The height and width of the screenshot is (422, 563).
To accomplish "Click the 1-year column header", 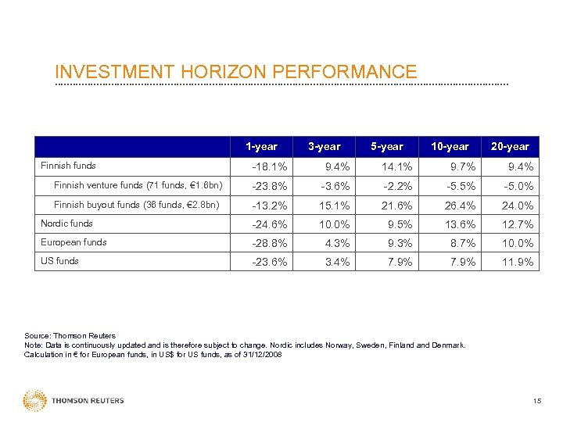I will click(x=261, y=147).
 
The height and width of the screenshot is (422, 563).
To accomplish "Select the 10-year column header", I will click(x=450, y=147).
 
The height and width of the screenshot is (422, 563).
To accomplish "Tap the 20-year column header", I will click(x=510, y=147).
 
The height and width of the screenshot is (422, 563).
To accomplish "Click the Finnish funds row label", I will click(x=68, y=166).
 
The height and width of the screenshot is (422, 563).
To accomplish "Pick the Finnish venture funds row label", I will click(x=138, y=185).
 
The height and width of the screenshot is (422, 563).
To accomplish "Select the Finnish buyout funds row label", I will click(x=137, y=205).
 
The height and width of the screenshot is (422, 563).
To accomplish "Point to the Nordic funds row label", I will click(x=66, y=224).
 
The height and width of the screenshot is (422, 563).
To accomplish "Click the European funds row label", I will click(x=74, y=242).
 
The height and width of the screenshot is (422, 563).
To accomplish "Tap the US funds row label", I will click(x=59, y=261).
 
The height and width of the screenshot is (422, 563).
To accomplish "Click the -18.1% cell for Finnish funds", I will click(x=269, y=166).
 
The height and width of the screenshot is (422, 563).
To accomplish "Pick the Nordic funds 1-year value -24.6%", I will click(x=269, y=224).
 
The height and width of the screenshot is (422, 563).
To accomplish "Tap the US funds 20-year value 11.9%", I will click(x=518, y=262).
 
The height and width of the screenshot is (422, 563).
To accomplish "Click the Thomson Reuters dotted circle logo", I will click(x=35, y=400).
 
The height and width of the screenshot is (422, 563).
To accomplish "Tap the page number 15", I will click(x=536, y=401).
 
